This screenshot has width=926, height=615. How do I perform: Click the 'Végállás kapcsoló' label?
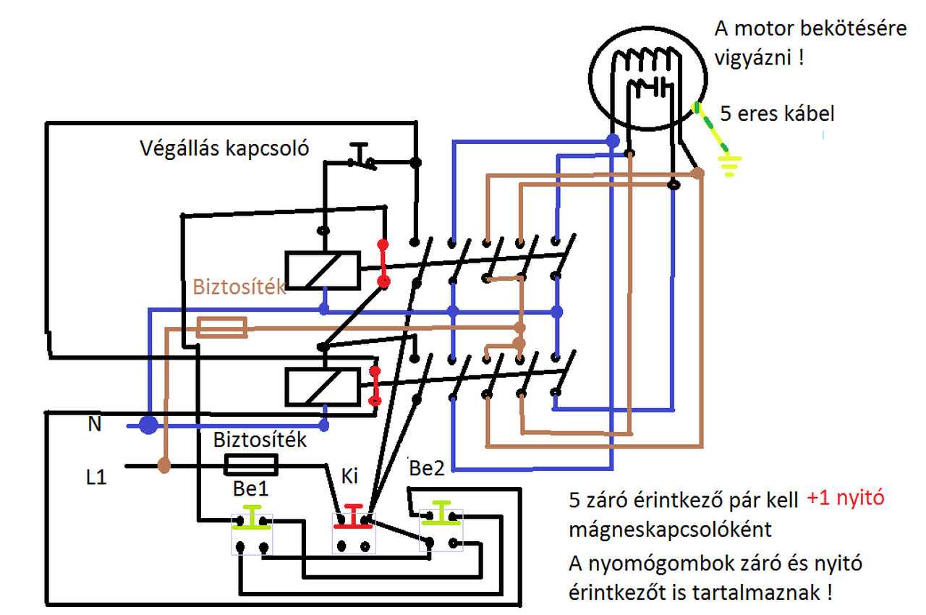225,149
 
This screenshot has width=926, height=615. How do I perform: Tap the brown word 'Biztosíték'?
239,287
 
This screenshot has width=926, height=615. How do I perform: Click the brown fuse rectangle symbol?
222,328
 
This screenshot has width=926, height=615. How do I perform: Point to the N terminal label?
95,425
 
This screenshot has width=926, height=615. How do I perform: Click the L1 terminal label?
95,478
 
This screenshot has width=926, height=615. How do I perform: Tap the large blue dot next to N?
148,425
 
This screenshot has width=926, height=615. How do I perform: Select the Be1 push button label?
251,489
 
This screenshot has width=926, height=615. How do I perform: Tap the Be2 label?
427,469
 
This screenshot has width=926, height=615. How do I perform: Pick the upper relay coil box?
323,270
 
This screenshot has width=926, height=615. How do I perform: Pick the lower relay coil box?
323,386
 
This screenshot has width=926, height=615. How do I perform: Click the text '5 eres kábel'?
777,114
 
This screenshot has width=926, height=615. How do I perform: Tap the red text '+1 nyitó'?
845,499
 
